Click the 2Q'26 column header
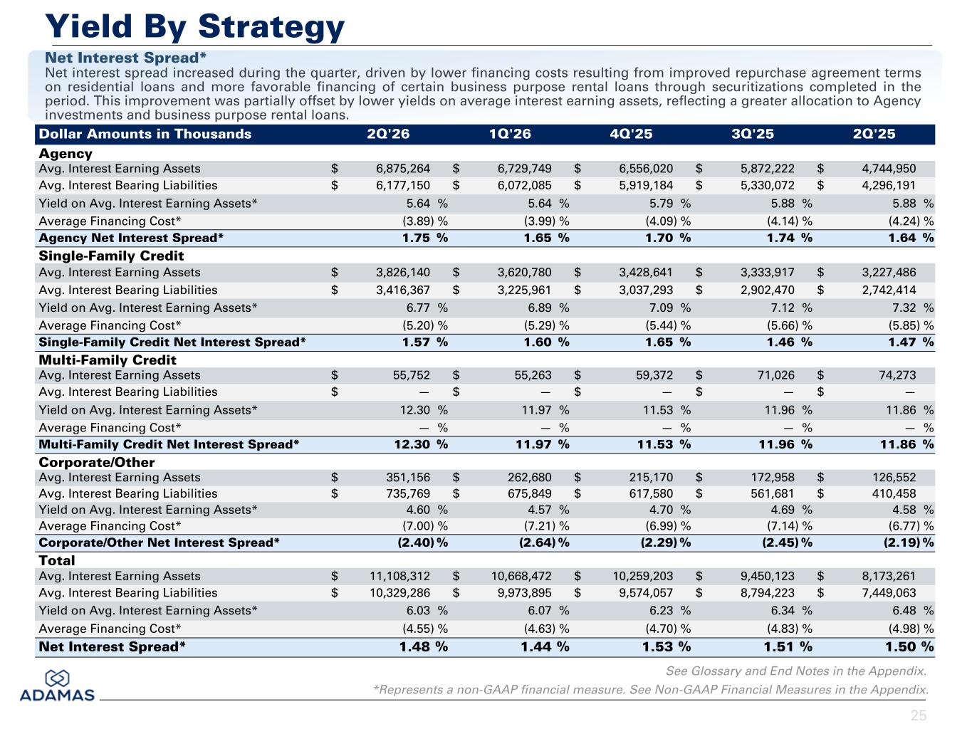tap(388, 134)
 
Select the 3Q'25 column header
tap(753, 134)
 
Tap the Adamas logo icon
tap(57, 678)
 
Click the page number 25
tap(919, 715)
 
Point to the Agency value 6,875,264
tap(403, 169)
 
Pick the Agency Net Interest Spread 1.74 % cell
tap(790, 238)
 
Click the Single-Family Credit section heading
tap(111, 256)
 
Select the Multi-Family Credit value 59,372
tap(654, 375)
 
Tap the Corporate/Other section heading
tap(97, 462)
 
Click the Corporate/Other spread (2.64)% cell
tap(544, 542)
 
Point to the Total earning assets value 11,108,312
tap(400, 576)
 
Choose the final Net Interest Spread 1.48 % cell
tap(424, 646)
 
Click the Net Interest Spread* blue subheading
tap(126, 58)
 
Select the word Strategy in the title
tap(271, 26)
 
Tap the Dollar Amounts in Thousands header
tap(145, 134)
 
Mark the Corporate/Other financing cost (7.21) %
tap(546, 526)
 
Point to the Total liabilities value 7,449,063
tap(889, 593)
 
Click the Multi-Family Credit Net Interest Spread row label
tap(169, 444)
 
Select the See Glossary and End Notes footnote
tap(796, 671)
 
